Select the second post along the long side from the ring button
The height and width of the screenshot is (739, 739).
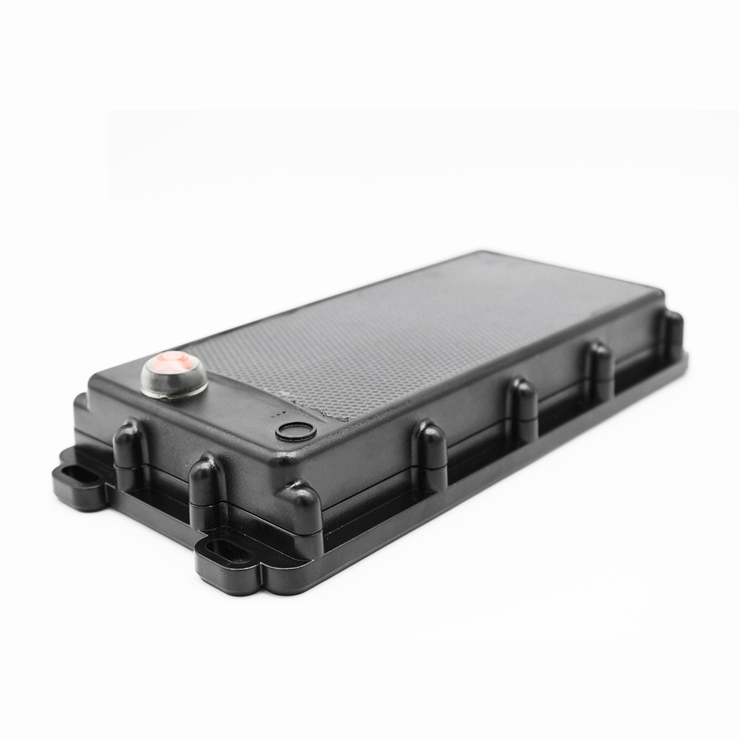[x=523, y=407]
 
